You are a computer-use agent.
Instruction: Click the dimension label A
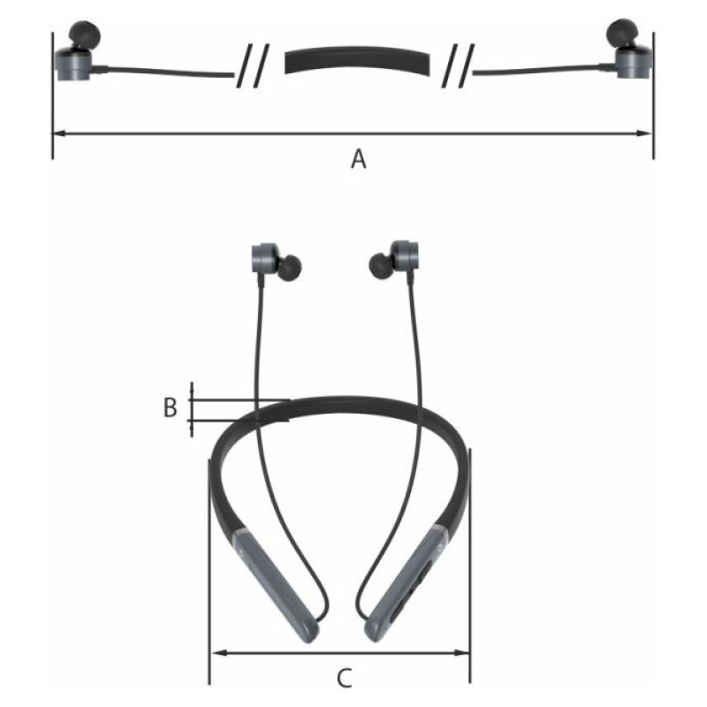click(359, 159)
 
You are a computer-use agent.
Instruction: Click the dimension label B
click(170, 407)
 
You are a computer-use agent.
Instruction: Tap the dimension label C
click(345, 678)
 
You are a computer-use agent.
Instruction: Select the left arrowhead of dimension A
click(60, 133)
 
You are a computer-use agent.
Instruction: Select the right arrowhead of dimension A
click(645, 133)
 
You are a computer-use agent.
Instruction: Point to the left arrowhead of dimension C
click(219, 652)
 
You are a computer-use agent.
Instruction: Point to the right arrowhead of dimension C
click(460, 652)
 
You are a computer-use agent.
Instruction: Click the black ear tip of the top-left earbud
click(84, 34)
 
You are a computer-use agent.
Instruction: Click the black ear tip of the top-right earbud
click(622, 33)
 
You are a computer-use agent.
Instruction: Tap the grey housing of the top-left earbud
click(73, 64)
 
